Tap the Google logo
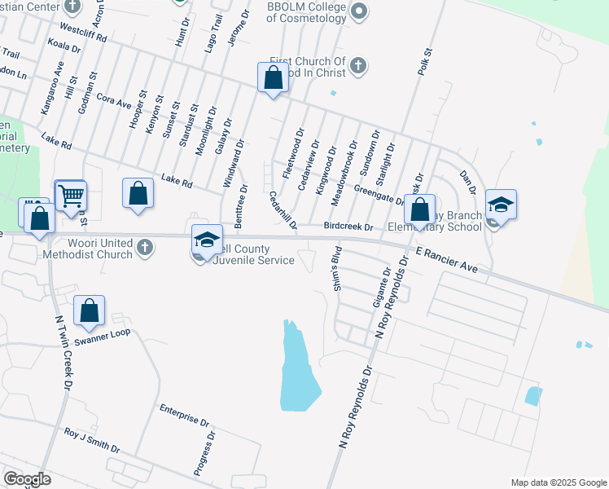click(x=27, y=479)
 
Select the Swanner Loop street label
click(x=103, y=333)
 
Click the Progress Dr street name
click(x=204, y=453)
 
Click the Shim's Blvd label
click(x=335, y=272)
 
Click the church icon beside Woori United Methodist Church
click(x=144, y=247)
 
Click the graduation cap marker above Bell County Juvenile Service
click(x=207, y=239)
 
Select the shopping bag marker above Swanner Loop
click(x=89, y=310)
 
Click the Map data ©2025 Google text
click(x=558, y=482)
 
